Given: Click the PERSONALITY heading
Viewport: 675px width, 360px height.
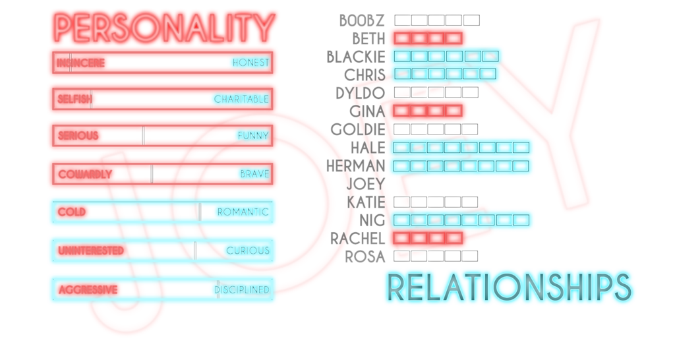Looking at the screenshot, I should click(x=164, y=27).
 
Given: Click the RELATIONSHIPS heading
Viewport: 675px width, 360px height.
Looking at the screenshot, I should click(x=509, y=288).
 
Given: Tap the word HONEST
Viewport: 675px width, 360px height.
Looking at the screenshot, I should click(x=250, y=63).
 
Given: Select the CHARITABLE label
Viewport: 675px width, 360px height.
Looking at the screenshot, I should click(x=241, y=100).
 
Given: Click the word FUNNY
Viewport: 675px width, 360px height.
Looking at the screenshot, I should click(x=253, y=136).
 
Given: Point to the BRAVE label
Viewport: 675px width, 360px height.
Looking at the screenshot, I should click(x=254, y=175).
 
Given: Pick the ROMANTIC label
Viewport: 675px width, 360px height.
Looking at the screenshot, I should click(x=243, y=212).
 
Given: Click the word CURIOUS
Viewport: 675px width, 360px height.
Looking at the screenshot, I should click(x=247, y=251).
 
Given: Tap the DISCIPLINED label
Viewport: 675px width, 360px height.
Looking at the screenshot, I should click(x=241, y=289).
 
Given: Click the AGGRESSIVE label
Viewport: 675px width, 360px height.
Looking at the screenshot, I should click(x=88, y=289).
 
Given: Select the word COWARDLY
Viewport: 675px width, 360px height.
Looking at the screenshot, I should click(x=85, y=175).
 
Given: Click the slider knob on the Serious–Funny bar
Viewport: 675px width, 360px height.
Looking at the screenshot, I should click(x=143, y=136).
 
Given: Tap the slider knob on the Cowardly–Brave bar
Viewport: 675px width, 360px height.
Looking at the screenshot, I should click(x=152, y=174).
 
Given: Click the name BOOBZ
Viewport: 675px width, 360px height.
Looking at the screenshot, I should click(x=362, y=20).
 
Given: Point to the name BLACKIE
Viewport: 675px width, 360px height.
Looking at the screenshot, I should click(x=355, y=57).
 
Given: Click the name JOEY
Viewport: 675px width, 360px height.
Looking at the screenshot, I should click(x=366, y=183).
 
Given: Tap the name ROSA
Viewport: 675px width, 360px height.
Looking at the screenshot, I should click(x=366, y=256).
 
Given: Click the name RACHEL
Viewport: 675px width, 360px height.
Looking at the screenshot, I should click(x=357, y=237).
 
